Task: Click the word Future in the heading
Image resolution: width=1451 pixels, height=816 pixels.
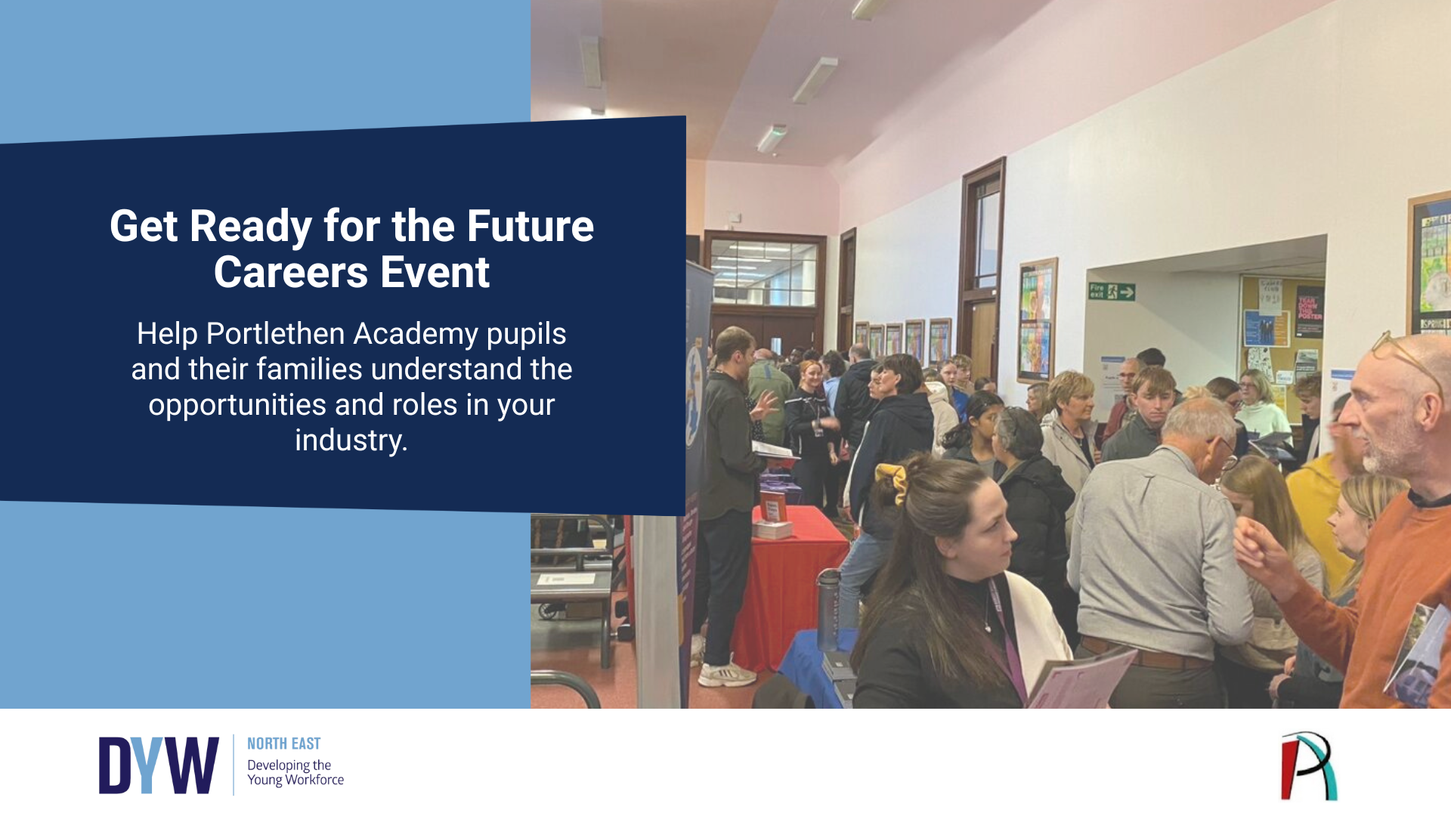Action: pos(530,226)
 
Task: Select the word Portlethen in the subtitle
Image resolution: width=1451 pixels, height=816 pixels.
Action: pos(275,334)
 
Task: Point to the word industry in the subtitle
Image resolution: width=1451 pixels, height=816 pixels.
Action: pos(351,440)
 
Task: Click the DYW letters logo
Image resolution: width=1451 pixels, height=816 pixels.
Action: pos(159,765)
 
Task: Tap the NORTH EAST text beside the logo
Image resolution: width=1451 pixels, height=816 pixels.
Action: pos(283,744)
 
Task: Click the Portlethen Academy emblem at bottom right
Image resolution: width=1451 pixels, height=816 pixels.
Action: pos(1309,766)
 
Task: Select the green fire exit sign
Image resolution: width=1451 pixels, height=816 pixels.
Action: pos(1111,292)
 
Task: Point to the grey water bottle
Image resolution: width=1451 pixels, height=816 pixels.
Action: pos(828,609)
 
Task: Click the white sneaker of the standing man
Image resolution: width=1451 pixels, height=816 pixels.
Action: pos(725,673)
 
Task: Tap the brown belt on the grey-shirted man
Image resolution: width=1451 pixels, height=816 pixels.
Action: pos(1141,652)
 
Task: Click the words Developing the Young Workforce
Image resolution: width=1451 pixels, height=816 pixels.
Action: pos(295,772)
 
